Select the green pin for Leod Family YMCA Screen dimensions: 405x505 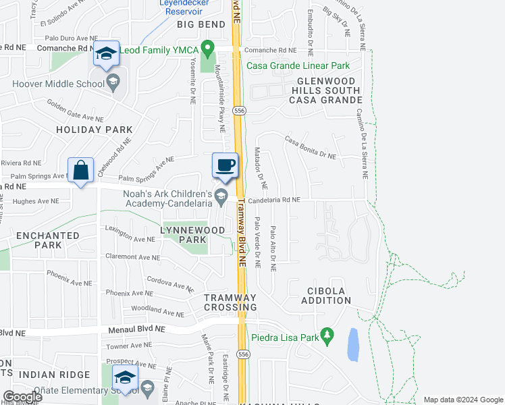coord(209,49)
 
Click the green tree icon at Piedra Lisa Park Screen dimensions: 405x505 coord(327,335)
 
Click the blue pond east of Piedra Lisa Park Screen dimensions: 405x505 coord(352,345)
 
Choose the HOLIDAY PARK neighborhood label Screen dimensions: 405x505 coord(94,129)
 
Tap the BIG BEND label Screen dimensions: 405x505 coord(201,24)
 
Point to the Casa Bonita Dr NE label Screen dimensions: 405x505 coord(310,147)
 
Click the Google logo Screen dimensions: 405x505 coord(22,397)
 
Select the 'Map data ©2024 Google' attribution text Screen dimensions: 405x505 coord(462,400)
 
